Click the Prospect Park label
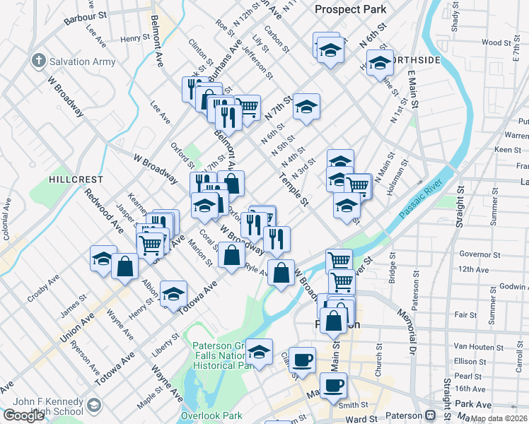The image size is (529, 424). click(x=351, y=9)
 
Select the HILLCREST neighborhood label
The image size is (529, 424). click(x=76, y=179)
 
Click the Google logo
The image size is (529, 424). click(x=23, y=415)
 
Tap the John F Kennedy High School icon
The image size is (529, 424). click(x=95, y=406)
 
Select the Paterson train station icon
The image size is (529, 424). click(x=430, y=415)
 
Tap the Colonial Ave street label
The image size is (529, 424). click(x=6, y=220)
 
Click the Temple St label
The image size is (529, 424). click(x=294, y=192)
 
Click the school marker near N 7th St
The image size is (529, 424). click(x=306, y=107)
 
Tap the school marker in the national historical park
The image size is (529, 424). click(x=260, y=351)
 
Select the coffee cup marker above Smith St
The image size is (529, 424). click(x=333, y=385)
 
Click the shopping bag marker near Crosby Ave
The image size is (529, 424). click(x=125, y=267)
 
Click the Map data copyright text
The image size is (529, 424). click(x=499, y=418)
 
